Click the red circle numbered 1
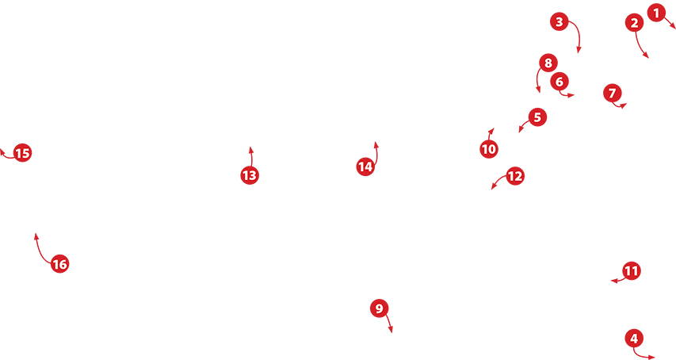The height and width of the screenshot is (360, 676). [x=656, y=13]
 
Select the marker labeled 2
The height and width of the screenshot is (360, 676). [x=634, y=23]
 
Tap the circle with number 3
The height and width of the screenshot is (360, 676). [x=560, y=21]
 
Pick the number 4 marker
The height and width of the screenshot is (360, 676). [x=634, y=339]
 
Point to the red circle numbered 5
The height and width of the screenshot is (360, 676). [x=537, y=117]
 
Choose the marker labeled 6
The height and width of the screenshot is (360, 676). [x=560, y=82]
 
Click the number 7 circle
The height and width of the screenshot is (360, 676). [x=612, y=93]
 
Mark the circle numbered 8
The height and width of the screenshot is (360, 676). [x=548, y=63]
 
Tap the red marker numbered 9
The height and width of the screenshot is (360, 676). [x=379, y=308]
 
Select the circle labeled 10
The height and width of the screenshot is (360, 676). [x=488, y=149]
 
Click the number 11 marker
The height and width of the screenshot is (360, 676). [x=631, y=270]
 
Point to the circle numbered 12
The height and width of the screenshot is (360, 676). [x=515, y=176]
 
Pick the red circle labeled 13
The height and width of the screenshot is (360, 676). [x=250, y=175]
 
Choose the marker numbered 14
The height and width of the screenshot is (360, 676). [x=365, y=167]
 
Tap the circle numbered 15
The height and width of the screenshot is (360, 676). [x=22, y=153]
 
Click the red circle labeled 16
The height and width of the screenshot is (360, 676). [x=59, y=264]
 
